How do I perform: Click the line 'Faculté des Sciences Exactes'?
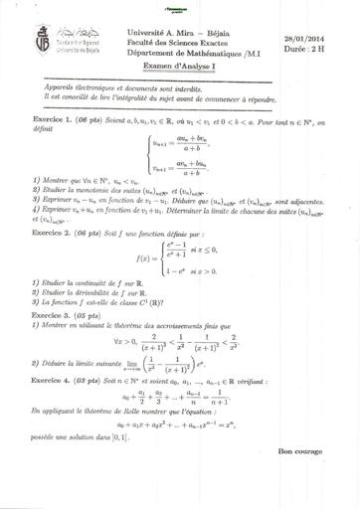[x=181, y=43]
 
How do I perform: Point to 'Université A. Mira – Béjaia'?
[x=179, y=33]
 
